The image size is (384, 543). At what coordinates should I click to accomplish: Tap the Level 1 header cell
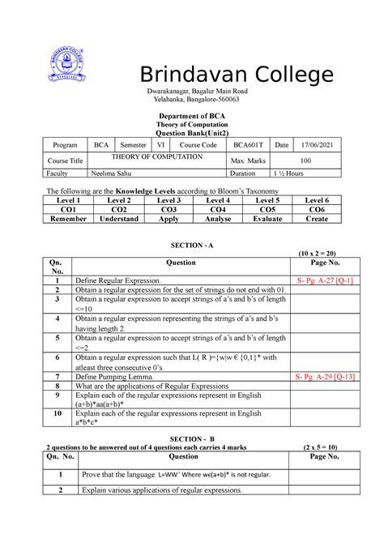(x=67, y=199)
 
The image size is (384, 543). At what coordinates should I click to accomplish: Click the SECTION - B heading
(x=192, y=437)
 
